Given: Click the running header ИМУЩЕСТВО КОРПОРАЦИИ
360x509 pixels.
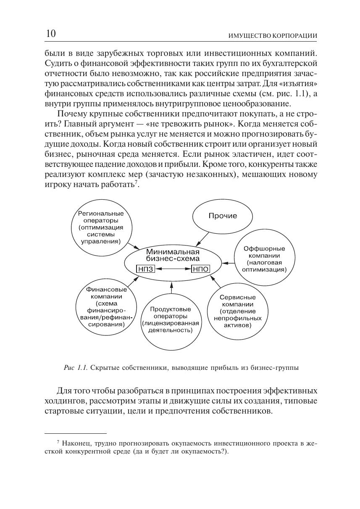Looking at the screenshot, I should coord(272,36).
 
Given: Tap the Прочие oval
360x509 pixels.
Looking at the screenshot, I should coord(223,216).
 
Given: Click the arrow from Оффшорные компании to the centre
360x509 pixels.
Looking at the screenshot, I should coord(227,263).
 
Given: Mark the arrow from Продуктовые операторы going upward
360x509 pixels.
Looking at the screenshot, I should coord(171,288).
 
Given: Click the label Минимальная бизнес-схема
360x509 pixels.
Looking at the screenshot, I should coord(173,255).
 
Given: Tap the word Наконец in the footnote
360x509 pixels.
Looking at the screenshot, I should coord(76,443).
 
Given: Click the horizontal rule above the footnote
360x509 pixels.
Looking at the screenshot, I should coord(76,433).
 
